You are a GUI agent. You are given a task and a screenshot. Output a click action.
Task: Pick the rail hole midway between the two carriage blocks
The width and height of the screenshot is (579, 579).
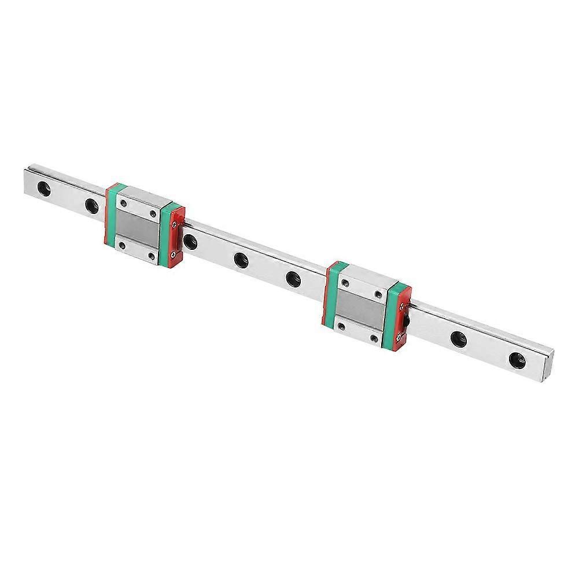239,257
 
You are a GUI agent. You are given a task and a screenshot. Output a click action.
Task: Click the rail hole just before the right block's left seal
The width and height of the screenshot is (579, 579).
293,278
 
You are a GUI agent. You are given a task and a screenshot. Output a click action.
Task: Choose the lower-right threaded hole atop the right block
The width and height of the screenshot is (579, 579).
375,337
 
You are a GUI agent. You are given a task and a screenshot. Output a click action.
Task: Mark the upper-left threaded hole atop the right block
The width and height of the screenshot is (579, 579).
345,282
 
